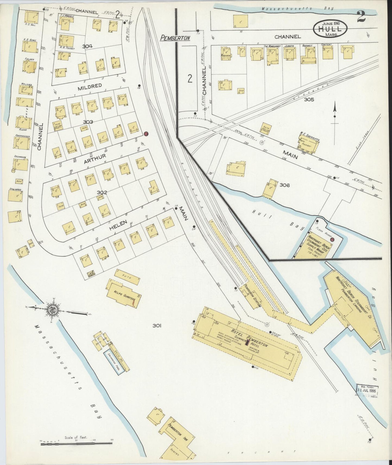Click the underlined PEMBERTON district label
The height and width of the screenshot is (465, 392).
coord(175,38)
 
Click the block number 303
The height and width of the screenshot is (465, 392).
coord(88,122)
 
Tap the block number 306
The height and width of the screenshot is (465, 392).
coord(285,185)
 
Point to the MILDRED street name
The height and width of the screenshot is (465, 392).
coord(90,86)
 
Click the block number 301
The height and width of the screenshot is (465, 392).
coord(157,326)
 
